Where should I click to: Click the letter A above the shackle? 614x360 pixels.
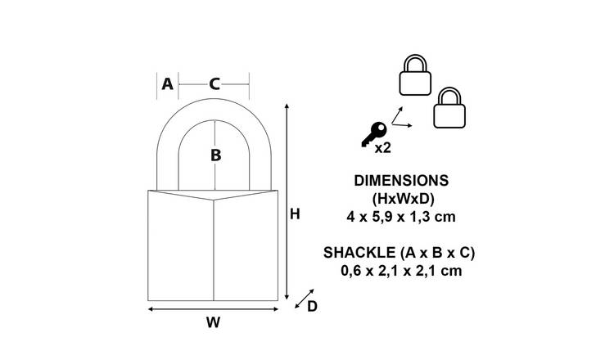coord(167,83)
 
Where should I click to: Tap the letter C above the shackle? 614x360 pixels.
coord(214,83)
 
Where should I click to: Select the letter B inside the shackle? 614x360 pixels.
coord(216,155)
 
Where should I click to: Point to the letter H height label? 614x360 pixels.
coord(295,214)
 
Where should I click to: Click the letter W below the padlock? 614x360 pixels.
coord(213,322)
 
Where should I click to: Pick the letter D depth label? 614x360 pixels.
coord(312,306)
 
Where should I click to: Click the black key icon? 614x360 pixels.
coord(373,134)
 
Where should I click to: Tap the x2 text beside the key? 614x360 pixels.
coord(383,148)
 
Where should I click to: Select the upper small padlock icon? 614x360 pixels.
coord(415,74)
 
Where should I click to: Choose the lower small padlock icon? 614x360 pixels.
coord(449,108)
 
